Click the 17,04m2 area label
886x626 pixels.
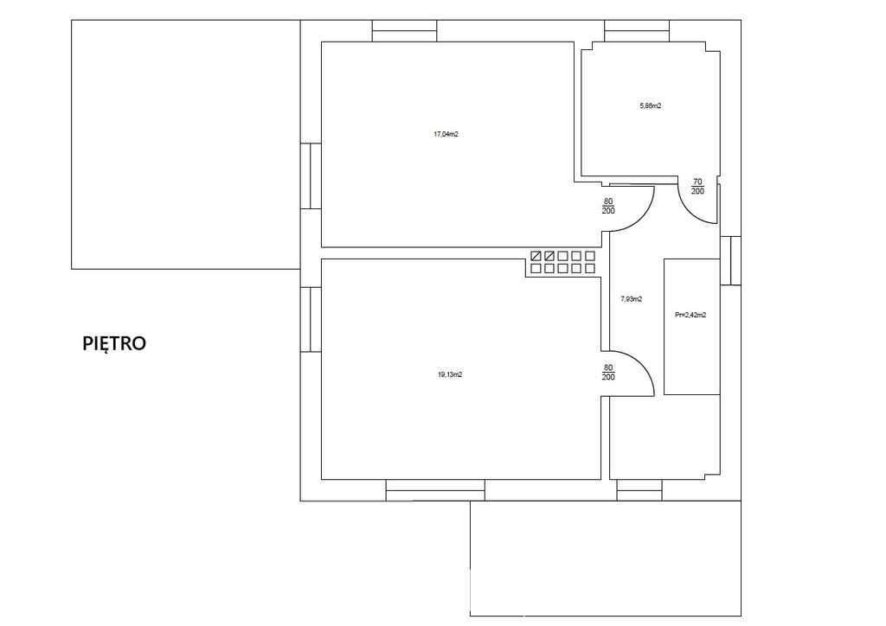pos(446,134)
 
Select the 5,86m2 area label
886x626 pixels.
pos(650,105)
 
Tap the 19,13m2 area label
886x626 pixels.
pos(450,374)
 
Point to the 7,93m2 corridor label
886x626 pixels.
pos(631,299)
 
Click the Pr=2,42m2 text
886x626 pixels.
pos(690,315)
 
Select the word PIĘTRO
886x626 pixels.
pos(115,343)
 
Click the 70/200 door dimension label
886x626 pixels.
pos(698,186)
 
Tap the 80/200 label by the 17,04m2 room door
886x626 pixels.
pos(608,206)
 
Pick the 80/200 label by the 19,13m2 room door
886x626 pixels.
pos(608,373)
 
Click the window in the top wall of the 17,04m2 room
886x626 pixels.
pos(405,30)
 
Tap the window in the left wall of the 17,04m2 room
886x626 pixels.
pos(311,176)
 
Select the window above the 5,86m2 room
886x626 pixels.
pos(638,30)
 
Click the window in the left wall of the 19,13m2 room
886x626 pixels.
pos(311,320)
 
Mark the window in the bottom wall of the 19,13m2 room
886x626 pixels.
pos(435,490)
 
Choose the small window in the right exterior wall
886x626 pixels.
pos(730,260)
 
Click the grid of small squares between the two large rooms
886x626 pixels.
pos(562,263)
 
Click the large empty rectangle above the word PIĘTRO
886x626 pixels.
pos(185,144)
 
